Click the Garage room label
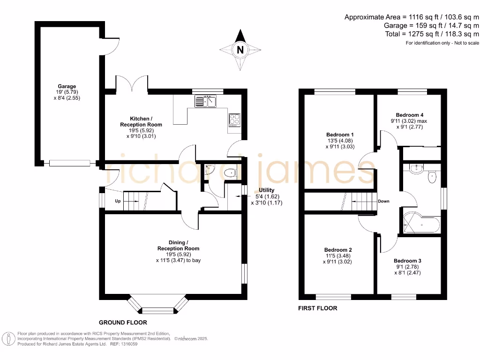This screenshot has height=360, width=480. (x=67, y=86)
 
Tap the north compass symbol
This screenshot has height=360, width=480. (x=240, y=49)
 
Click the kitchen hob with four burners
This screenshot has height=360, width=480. (x=234, y=120)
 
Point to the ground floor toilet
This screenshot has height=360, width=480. (x=230, y=173)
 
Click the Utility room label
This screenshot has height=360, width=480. (x=267, y=190)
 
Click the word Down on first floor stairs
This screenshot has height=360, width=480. (x=383, y=201)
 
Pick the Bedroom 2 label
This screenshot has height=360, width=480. (x=337, y=250)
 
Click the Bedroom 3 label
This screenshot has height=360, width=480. (x=407, y=261)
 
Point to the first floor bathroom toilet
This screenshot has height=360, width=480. (x=432, y=178)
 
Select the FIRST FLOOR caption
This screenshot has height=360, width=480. (x=318, y=308)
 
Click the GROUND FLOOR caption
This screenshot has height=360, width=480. (x=123, y=322)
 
